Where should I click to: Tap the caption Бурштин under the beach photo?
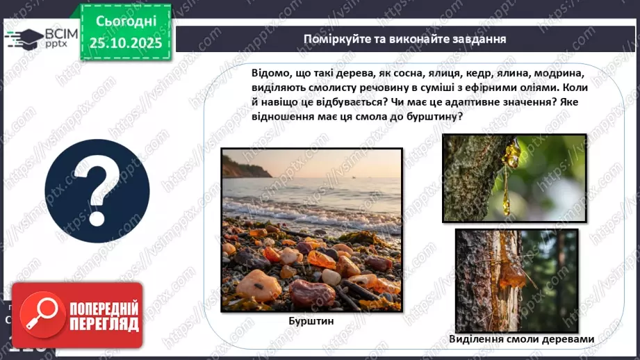(x=311, y=322)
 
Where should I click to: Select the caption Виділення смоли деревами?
(x=521, y=339)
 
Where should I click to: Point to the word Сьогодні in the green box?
(x=126, y=21)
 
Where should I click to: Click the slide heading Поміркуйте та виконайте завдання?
(x=404, y=39)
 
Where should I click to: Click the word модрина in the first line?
(x=567, y=74)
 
